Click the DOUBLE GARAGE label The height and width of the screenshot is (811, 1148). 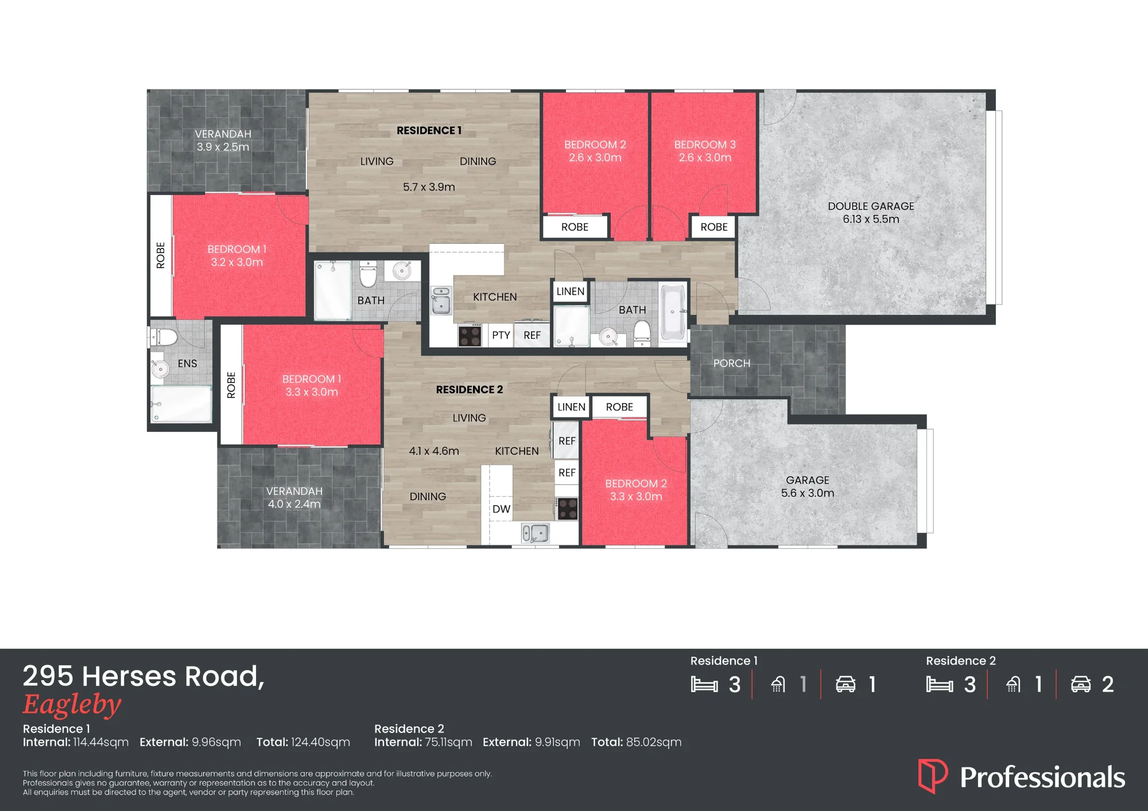(x=871, y=206)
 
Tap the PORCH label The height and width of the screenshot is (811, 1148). (x=732, y=363)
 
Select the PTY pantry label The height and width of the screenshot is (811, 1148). (x=501, y=335)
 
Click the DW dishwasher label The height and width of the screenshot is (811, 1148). (x=501, y=509)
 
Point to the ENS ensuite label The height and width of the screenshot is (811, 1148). (x=187, y=364)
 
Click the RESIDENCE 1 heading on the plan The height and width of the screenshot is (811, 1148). (x=429, y=130)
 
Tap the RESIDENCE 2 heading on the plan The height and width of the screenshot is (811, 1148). (x=469, y=389)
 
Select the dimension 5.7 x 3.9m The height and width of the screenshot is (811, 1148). (x=429, y=187)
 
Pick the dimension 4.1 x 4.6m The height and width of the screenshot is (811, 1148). (x=434, y=451)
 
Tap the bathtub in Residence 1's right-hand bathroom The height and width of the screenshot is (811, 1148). (x=673, y=312)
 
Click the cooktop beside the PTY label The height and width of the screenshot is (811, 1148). (x=470, y=334)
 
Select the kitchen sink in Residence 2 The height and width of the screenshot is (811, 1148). (x=535, y=533)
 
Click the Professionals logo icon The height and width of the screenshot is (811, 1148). (x=933, y=776)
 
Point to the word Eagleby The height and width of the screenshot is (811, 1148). (x=72, y=705)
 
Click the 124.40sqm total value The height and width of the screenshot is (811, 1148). (x=320, y=742)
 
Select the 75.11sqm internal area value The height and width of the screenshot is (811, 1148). (x=448, y=742)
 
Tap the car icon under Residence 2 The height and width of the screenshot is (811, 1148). (x=1081, y=684)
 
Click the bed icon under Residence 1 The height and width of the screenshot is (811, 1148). (x=704, y=684)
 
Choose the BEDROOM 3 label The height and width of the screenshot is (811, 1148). (x=705, y=145)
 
